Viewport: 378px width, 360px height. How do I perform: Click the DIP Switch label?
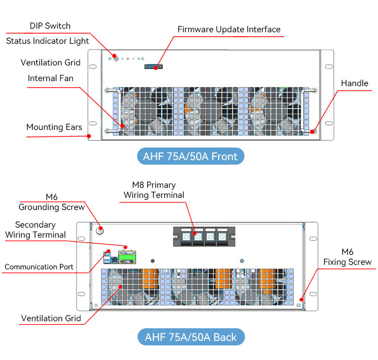(50, 26)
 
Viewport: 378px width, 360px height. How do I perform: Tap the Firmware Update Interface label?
(229, 29)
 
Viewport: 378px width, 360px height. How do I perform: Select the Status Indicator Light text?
(47, 41)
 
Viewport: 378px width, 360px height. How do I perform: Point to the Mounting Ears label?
(54, 127)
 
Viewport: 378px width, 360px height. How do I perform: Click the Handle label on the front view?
(355, 83)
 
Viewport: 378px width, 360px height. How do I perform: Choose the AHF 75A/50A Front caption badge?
(191, 156)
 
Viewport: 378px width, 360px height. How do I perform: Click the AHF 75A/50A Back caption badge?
(191, 337)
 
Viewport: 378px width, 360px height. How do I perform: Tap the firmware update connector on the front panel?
(153, 66)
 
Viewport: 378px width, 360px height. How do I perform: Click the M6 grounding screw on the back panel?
(100, 231)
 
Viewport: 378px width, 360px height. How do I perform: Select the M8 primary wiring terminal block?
(204, 237)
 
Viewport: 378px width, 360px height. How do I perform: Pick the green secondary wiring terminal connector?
(127, 257)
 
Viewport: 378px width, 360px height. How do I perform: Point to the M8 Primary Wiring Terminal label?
(154, 190)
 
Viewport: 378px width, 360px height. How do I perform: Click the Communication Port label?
(39, 267)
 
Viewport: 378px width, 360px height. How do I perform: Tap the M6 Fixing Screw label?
(347, 257)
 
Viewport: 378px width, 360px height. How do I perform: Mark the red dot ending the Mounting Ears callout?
(89, 136)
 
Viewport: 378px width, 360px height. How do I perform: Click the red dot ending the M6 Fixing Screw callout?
(301, 300)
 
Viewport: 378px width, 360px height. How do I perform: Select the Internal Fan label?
(50, 78)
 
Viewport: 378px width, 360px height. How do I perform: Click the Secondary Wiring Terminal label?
(35, 230)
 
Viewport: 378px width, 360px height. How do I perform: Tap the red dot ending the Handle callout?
(312, 132)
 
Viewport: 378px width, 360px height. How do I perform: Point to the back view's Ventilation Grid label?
(51, 318)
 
